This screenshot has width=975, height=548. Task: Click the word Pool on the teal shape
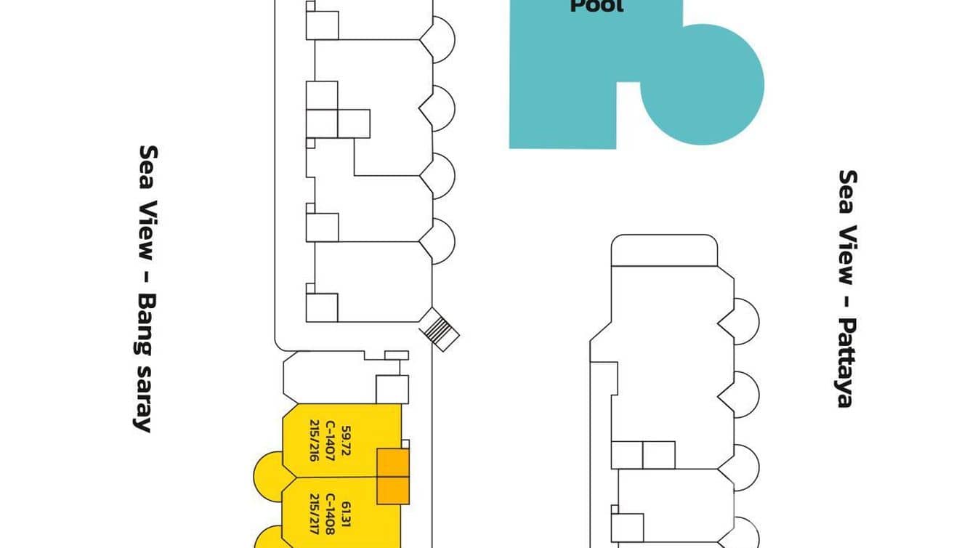coord(596,7)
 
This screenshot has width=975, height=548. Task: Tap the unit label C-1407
coord(331,444)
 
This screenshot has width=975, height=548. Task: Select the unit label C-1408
coord(331,515)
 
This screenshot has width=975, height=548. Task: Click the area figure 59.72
coord(347,443)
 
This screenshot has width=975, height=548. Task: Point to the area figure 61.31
coord(347,515)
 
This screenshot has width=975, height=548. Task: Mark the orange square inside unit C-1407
coord(393,462)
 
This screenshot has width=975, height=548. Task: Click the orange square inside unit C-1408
coord(393,489)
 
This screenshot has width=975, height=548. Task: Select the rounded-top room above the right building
coord(664,250)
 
